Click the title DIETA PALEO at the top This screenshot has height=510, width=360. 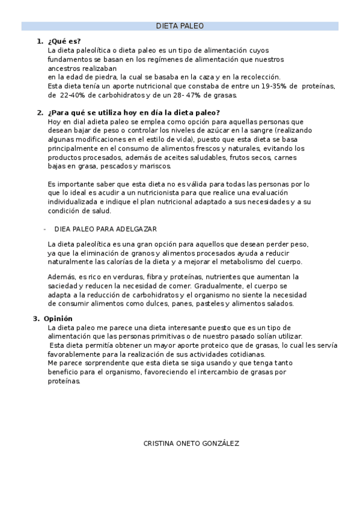point(180,26)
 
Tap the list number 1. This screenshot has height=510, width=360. point(40,41)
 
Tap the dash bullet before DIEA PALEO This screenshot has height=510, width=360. point(45,229)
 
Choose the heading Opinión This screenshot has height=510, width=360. point(58,319)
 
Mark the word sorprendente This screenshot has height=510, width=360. point(98,363)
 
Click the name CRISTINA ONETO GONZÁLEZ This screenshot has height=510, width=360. point(191,443)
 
